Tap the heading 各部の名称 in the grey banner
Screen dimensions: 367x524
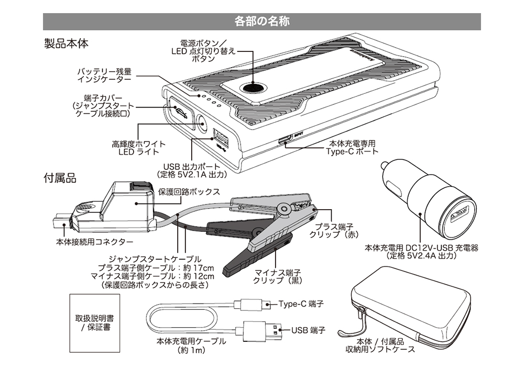click(x=262, y=21)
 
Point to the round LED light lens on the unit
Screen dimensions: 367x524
click(x=201, y=125)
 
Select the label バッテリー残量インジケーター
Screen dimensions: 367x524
click(x=105, y=75)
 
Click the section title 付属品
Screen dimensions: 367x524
click(x=60, y=178)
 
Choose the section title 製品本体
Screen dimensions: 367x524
click(x=65, y=43)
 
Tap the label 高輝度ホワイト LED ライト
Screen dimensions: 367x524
click(x=138, y=148)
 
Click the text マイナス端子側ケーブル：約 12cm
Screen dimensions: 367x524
click(x=152, y=276)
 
